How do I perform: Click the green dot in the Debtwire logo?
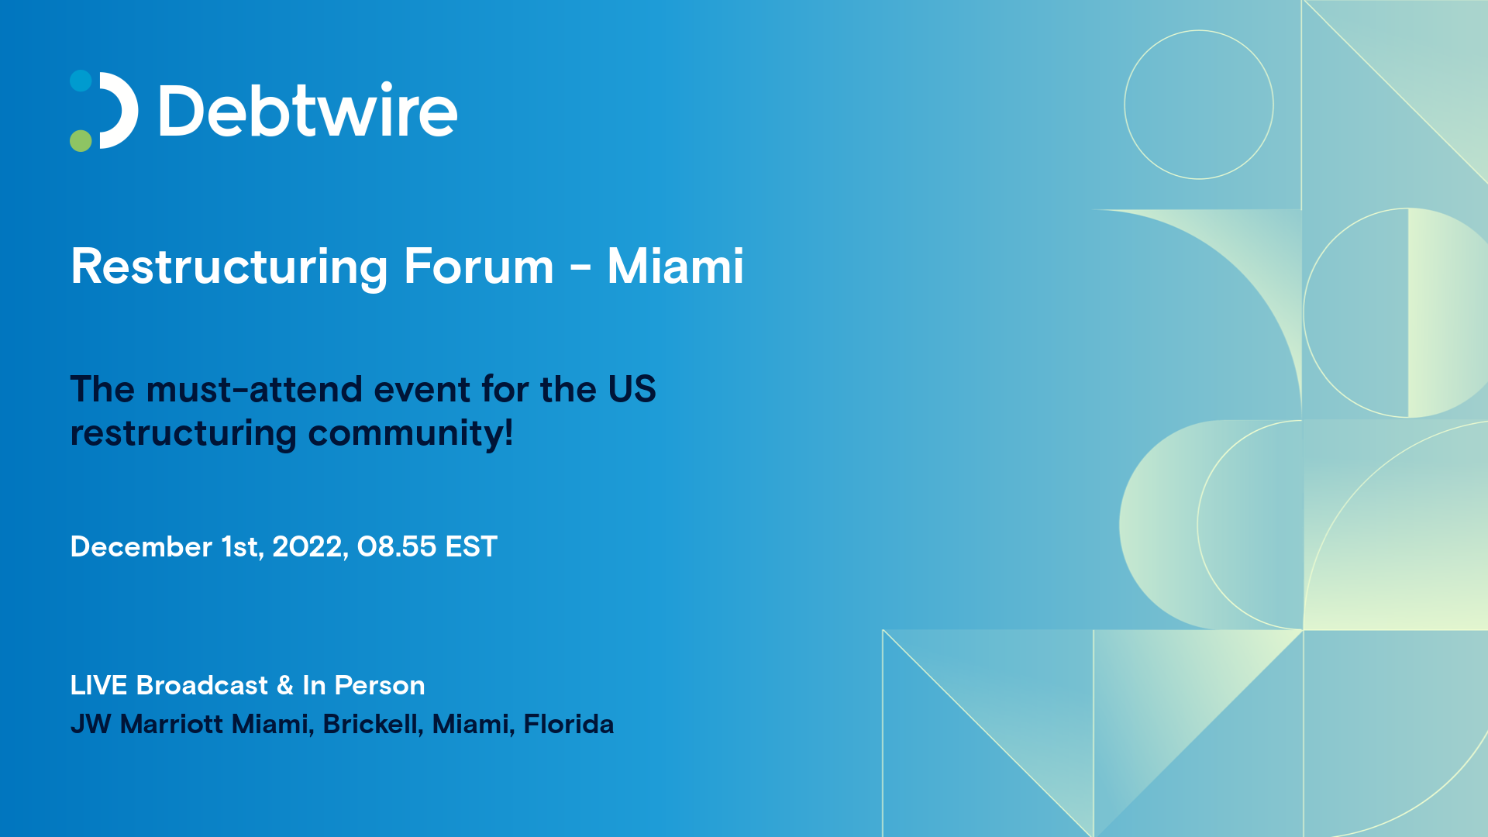(81, 140)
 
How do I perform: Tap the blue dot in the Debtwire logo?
(81, 81)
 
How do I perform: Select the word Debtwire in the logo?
(308, 111)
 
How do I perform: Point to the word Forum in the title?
(479, 267)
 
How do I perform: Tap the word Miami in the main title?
(675, 266)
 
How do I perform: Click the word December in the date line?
(141, 546)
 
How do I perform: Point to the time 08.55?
(397, 546)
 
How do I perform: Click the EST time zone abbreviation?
(471, 546)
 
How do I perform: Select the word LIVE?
(98, 685)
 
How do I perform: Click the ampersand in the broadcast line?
(285, 685)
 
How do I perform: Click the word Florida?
(569, 724)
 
